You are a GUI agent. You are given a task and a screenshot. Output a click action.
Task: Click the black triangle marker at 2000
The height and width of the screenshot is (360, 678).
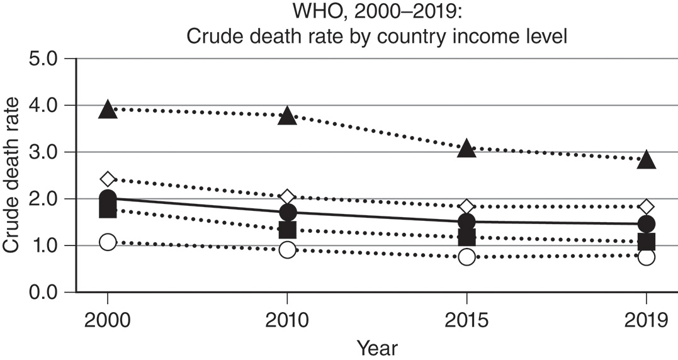coord(108,110)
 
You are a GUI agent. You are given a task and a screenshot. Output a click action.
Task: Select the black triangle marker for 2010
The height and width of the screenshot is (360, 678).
coord(287,116)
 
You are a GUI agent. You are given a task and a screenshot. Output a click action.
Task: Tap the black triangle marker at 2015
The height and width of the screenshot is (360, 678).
coord(466,149)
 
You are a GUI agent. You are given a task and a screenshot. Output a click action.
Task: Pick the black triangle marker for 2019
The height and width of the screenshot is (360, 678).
coord(646,160)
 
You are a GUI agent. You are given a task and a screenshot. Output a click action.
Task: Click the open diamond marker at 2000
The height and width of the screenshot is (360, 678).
coord(108,179)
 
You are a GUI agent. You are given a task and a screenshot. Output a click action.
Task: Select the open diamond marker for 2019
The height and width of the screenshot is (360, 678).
coord(646,206)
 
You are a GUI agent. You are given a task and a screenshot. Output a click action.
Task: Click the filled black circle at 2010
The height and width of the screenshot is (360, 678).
coord(287,212)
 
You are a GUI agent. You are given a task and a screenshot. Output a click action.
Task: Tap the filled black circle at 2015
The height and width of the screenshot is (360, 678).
coord(466,222)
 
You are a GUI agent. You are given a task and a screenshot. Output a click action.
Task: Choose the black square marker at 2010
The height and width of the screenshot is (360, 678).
coord(287,230)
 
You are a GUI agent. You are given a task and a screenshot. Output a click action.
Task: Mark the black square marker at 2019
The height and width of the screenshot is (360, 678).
coord(646,242)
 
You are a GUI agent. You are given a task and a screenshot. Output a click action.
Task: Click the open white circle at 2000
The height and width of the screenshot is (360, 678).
coord(108,242)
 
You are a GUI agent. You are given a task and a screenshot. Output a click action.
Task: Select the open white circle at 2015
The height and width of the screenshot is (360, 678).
coord(466,257)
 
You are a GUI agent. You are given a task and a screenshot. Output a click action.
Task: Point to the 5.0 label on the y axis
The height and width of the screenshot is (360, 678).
coord(41,59)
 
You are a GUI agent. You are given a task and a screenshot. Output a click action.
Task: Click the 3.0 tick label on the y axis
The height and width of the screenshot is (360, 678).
coord(41,152)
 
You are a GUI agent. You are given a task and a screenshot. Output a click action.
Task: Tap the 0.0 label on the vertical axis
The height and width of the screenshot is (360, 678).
coord(41,293)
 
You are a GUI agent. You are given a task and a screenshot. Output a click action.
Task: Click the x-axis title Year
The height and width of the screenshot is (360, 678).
coord(377,347)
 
